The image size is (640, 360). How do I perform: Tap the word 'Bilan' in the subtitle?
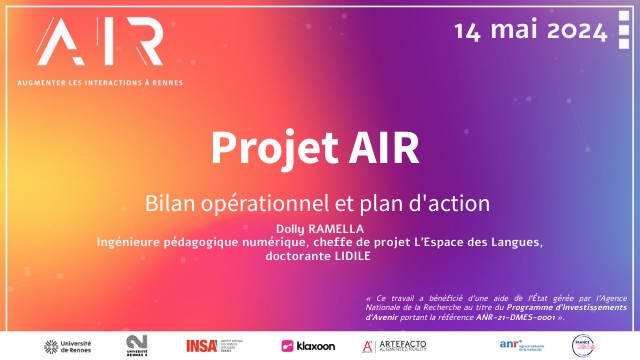click(x=176, y=202)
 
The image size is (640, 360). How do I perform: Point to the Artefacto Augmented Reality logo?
click(x=394, y=346)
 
